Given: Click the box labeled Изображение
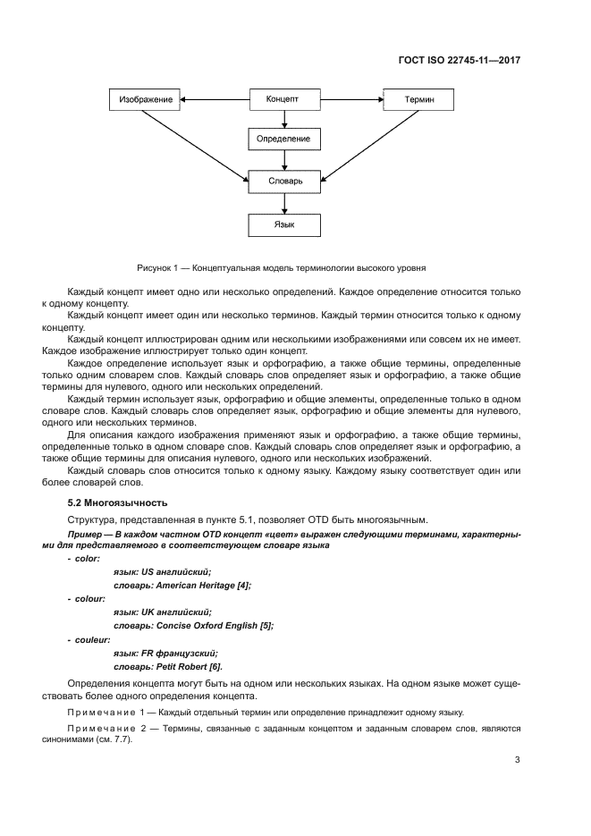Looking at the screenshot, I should coord(146,99).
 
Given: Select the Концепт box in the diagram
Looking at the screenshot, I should coord(283,99).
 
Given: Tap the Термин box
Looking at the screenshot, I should coord(419,99).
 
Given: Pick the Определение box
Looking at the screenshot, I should coord(283,139).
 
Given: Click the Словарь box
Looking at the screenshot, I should coord(283,182).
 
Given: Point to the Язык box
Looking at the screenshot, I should coord(283,224).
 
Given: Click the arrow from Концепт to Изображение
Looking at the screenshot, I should coord(215,99).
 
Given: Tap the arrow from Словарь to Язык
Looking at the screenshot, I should coord(283,203).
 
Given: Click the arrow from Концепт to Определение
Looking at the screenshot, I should coord(283,119).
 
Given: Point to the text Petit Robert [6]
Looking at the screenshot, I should coord(190,666).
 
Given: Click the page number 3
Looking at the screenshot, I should coord(517,760).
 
